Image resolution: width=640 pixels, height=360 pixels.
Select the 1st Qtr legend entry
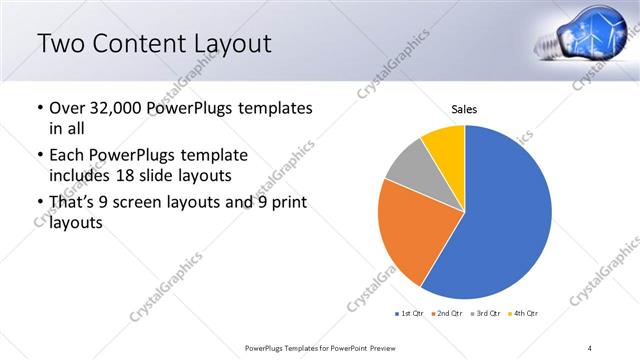[410, 314]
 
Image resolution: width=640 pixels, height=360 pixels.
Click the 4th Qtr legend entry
[523, 314]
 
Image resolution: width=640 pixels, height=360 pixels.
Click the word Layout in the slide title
[223, 43]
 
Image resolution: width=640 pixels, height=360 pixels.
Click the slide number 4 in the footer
[590, 347]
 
